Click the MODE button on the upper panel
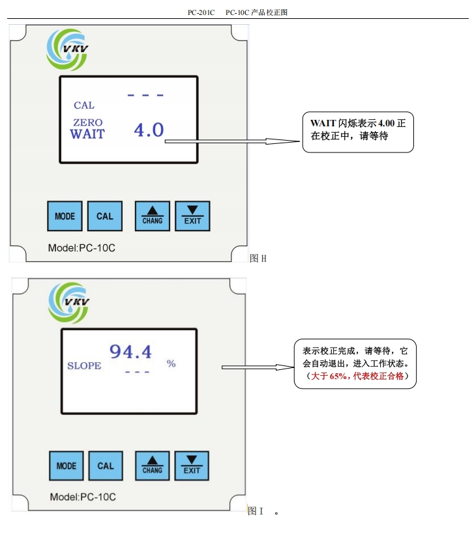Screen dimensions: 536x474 (65, 216)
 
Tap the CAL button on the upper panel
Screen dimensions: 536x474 (104, 216)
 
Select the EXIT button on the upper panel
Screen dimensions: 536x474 (192, 216)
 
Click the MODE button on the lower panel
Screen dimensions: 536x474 (66, 466)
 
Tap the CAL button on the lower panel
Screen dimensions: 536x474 (106, 466)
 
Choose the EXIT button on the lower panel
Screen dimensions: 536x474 (192, 466)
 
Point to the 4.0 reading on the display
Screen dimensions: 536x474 (149, 130)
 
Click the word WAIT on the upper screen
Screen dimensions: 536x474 (87, 134)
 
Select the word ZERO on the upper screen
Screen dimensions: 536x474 (87, 122)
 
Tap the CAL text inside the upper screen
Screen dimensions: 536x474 (84, 105)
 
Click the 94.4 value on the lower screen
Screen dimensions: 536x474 (130, 352)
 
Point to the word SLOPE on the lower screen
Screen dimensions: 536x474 (84, 365)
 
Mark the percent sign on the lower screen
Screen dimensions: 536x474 (171, 363)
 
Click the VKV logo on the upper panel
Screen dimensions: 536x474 (65, 48)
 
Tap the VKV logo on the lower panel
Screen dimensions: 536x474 (67, 303)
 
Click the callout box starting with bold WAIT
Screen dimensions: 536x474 (358, 131)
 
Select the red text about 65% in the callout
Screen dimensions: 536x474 (355, 377)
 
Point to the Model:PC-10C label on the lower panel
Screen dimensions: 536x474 (83, 498)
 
